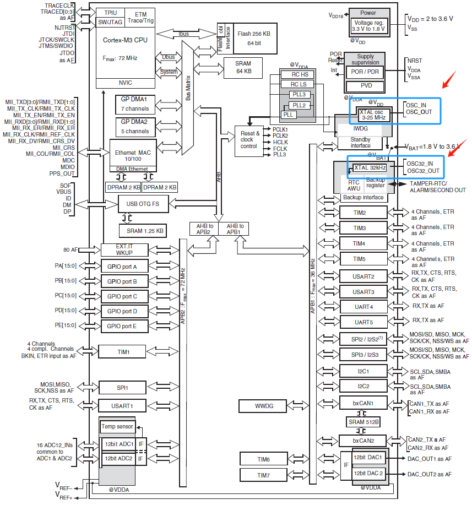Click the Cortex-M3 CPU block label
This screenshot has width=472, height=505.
pos(124,40)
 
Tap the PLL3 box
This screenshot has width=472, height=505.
pos(300,95)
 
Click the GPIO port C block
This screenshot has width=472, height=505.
pos(126,296)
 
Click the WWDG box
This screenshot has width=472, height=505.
pos(263,406)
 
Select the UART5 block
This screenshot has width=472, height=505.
pos(364,322)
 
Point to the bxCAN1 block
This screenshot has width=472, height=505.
pos(364,403)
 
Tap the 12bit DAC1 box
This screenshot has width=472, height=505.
pos(368,458)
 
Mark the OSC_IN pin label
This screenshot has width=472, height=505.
pos(416,105)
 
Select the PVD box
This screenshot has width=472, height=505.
pos(366,85)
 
